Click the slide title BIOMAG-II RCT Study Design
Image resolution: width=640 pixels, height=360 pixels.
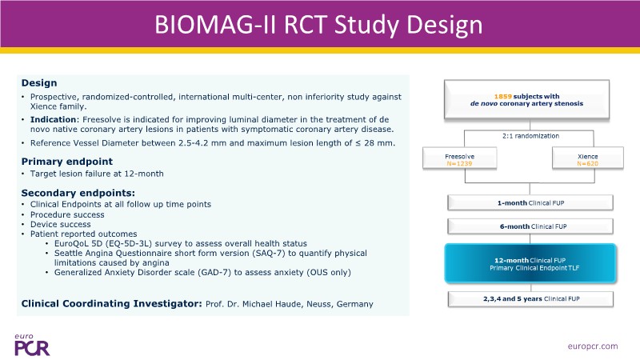(319, 26)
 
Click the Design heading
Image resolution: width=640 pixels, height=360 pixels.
(39, 82)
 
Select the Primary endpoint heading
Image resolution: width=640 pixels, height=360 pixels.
(66, 161)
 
